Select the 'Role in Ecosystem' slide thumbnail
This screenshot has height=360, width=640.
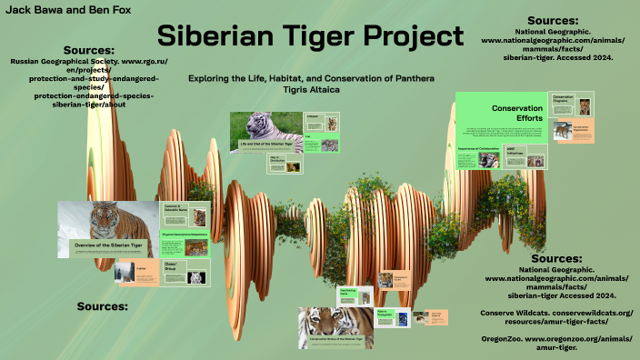click(387, 316)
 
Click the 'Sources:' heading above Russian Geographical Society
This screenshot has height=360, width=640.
click(89, 49)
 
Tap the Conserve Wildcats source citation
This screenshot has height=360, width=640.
click(555, 317)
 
